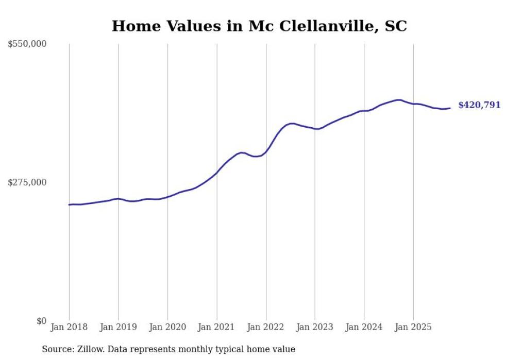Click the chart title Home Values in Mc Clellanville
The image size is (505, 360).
tap(259, 26)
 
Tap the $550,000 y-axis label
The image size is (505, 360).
tap(27, 44)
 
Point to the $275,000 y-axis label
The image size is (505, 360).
tap(27, 182)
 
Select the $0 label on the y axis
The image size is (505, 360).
tap(42, 321)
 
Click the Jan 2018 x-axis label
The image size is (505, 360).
tap(69, 327)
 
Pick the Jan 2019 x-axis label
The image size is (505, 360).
tap(118, 327)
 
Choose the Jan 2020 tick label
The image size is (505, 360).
tap(167, 327)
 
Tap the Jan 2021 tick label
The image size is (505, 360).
tap(216, 327)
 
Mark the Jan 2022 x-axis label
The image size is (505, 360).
tap(266, 327)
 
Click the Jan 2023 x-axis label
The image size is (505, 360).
tap(315, 327)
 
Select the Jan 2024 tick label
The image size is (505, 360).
tap(364, 327)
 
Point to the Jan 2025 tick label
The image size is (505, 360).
tap(413, 327)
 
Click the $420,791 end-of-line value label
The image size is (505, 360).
tap(479, 105)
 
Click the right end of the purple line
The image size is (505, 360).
tap(450, 108)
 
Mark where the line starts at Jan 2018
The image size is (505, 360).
tap(69, 205)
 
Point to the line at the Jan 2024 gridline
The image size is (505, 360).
tap(364, 111)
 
